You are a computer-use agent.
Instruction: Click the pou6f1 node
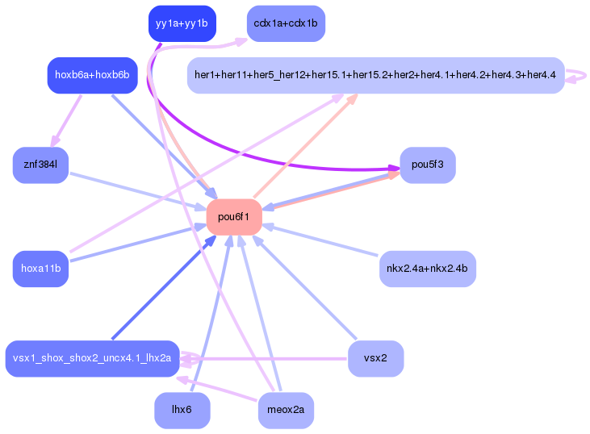pos(234,217)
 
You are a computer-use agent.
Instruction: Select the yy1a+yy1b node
pos(182,23)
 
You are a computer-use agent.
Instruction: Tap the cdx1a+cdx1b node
pos(286,23)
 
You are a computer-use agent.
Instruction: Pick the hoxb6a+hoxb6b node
pos(92,75)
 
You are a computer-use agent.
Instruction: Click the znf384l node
pos(40,165)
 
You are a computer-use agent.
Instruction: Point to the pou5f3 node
pos(428,165)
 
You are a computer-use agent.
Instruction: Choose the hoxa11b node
pos(40,269)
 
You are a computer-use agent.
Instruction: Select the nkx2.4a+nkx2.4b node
pos(428,269)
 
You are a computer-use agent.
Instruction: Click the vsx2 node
pos(375,358)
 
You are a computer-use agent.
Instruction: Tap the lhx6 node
pos(182,411)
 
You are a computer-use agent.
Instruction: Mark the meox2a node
pos(286,411)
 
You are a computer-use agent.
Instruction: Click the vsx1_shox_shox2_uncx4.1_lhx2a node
pos(92,358)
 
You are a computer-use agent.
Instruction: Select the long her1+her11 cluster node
pos(375,75)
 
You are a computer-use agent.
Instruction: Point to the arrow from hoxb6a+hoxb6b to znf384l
pos(66,120)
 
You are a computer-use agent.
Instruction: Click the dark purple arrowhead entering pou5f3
pos(394,168)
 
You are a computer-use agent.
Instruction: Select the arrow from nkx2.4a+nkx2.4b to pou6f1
pos(320,240)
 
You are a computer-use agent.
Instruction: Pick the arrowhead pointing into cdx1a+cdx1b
pos(241,41)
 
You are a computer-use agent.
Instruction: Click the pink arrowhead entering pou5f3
pos(394,175)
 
